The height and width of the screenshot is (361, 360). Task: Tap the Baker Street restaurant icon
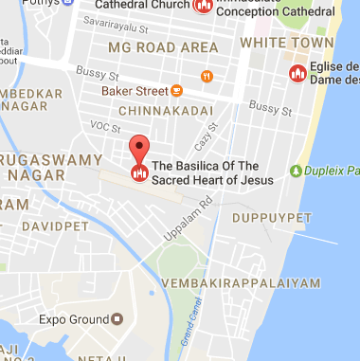(176, 91)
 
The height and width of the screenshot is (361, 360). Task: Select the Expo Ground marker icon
(118, 320)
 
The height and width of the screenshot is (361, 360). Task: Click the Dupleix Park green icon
(297, 171)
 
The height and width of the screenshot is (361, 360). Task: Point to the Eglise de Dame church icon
(297, 73)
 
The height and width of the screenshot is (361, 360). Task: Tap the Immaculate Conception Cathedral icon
(202, 6)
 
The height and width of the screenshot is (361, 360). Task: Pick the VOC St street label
(101, 125)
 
